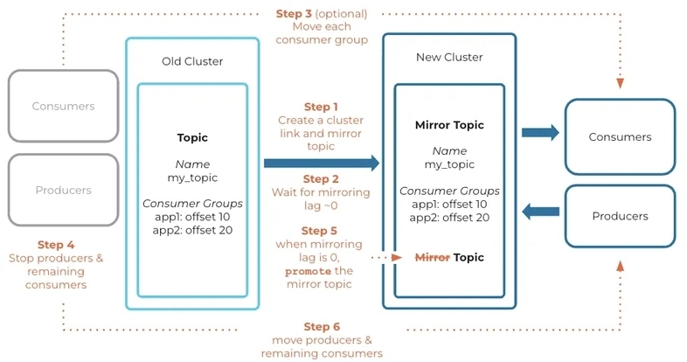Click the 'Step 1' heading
click(x=321, y=107)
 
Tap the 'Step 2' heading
click(x=321, y=178)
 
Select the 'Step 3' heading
click(x=294, y=14)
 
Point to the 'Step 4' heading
click(x=56, y=245)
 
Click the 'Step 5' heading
click(x=319, y=231)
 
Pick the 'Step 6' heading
click(x=322, y=326)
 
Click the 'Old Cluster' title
click(x=192, y=61)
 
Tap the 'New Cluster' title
click(x=449, y=58)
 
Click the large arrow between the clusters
click(x=322, y=163)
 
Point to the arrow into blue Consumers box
click(x=540, y=132)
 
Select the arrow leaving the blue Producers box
click(x=541, y=212)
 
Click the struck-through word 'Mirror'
click(x=433, y=257)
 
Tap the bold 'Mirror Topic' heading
click(x=449, y=125)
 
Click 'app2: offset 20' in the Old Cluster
click(x=192, y=230)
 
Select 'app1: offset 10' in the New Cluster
click(x=449, y=205)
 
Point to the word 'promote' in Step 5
click(x=308, y=271)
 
